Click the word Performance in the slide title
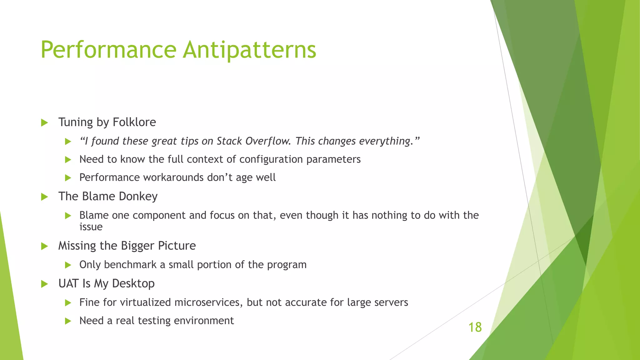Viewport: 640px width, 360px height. click(108, 50)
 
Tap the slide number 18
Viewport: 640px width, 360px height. click(475, 327)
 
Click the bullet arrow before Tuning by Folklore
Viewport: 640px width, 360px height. click(44, 122)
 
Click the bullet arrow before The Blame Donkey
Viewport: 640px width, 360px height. click(44, 197)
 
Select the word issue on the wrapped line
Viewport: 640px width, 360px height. click(91, 227)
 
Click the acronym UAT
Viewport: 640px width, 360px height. click(68, 284)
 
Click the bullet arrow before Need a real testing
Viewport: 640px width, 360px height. click(68, 321)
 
